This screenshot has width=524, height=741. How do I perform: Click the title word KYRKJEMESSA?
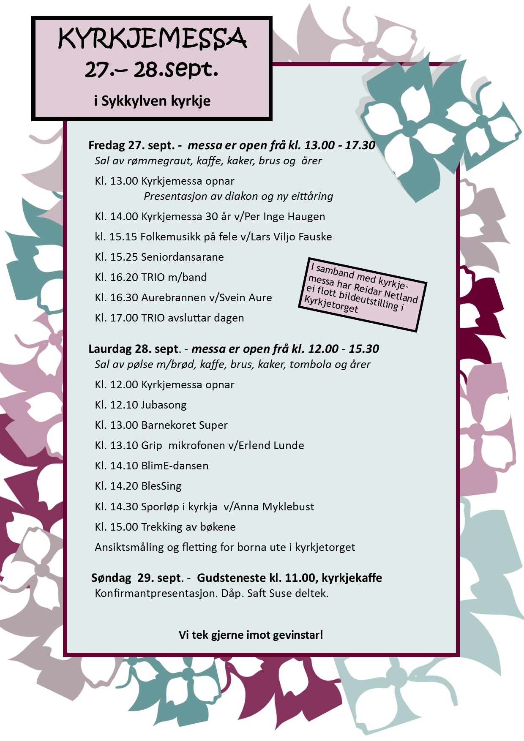(x=152, y=39)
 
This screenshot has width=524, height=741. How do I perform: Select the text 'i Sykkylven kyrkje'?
(x=152, y=101)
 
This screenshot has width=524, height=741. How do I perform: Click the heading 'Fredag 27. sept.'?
(x=131, y=145)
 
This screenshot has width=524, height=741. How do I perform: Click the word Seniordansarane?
(x=183, y=257)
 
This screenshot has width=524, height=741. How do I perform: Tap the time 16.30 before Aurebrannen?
(x=124, y=298)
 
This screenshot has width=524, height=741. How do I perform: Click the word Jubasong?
(x=164, y=405)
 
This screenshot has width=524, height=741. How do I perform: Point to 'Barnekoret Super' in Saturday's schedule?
(x=184, y=425)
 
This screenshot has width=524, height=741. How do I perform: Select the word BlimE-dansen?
(x=175, y=466)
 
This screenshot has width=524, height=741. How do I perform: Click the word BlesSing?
(x=161, y=486)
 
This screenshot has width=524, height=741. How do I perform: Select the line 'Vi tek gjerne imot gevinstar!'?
(x=251, y=635)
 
